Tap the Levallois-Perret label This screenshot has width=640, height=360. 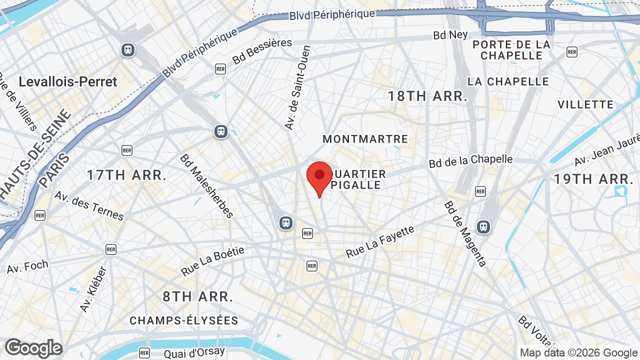67,81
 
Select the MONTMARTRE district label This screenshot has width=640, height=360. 365,139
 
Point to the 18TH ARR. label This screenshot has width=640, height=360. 427,96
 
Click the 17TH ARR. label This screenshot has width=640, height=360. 126,175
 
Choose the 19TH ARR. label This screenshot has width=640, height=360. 593,179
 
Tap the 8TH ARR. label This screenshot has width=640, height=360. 198,296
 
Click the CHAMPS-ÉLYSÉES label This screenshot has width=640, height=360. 184,320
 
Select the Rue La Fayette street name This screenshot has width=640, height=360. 380,242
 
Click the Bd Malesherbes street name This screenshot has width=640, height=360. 207,186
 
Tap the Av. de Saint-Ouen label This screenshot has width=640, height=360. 298,87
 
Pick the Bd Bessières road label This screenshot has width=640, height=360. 262,51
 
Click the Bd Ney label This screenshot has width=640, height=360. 450,35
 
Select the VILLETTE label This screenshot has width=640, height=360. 585,104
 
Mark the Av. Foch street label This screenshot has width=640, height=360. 27,266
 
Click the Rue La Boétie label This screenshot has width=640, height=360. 213,261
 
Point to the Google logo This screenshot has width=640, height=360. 33,348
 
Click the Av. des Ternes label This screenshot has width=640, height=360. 89,205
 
